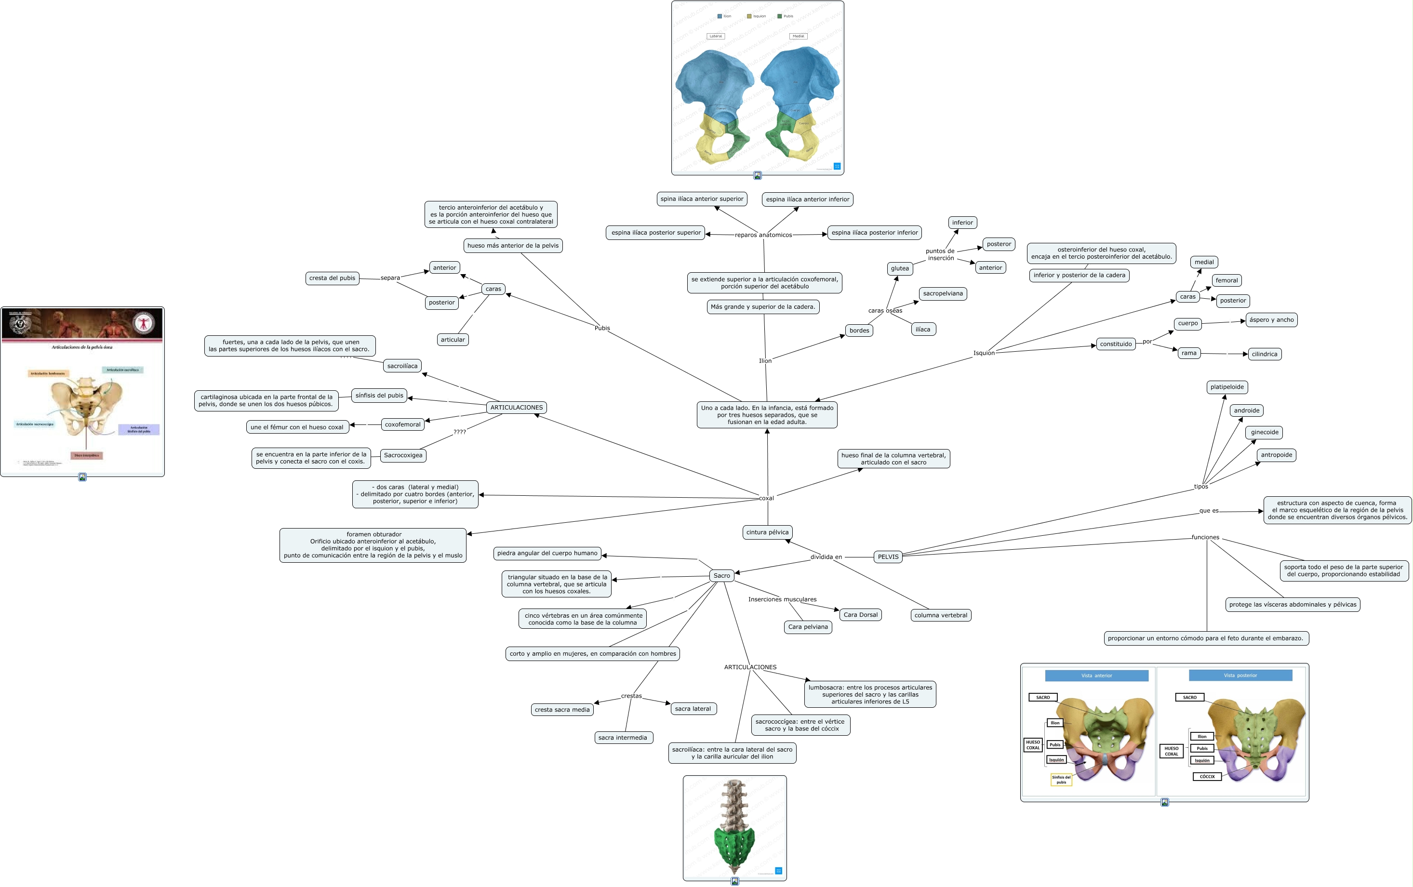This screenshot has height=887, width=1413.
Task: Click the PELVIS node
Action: click(888, 556)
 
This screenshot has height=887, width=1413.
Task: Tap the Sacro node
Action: click(722, 575)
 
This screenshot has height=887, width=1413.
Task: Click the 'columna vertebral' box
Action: click(941, 615)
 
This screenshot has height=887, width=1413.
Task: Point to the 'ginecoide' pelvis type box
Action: click(1265, 432)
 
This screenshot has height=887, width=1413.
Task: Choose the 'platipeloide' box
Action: click(1227, 387)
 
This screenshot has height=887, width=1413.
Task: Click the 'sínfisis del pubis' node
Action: click(379, 396)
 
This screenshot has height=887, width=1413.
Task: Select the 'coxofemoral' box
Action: click(402, 424)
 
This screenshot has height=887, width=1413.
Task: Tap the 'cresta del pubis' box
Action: click(332, 278)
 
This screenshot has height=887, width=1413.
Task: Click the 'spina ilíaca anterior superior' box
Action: click(702, 199)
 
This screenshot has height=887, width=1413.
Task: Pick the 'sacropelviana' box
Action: click(942, 293)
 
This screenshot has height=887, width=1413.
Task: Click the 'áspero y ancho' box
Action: click(1271, 320)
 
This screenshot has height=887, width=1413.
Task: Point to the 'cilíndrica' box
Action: click(1264, 354)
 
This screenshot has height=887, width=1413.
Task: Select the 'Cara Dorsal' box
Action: click(860, 615)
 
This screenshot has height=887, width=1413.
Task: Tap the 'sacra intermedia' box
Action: click(623, 738)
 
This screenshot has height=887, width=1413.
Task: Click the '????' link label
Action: click(459, 432)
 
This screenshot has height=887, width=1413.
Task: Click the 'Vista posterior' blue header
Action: click(1240, 675)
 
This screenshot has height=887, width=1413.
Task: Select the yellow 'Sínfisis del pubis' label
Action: click(1061, 779)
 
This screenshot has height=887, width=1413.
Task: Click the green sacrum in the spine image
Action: click(734, 844)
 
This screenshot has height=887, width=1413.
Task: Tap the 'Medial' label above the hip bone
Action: click(798, 36)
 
